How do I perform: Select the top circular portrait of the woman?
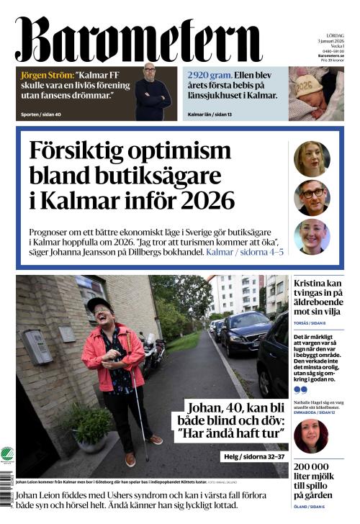pyautogui.click(x=312, y=158)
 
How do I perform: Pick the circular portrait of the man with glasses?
pyautogui.click(x=312, y=197)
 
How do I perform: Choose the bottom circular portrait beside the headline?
pyautogui.click(x=312, y=237)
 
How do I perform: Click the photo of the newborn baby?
pyautogui.click(x=316, y=93)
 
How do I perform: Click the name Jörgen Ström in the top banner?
pyautogui.click(x=46, y=75)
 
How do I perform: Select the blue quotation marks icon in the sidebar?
pyautogui.click(x=300, y=389)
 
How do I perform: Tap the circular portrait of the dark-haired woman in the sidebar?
pyautogui.click(x=311, y=435)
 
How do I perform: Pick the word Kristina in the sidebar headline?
pyautogui.click(x=311, y=284)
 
